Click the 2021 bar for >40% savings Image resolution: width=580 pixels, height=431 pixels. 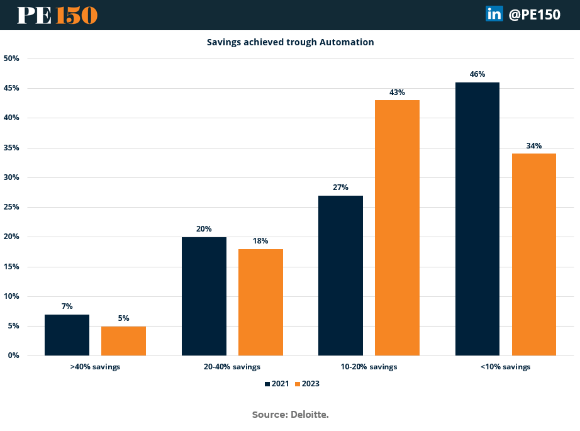67,335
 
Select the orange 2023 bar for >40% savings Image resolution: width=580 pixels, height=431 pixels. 123,341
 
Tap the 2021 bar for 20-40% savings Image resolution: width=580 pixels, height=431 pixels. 204,296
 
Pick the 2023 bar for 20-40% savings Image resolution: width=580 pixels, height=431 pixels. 260,302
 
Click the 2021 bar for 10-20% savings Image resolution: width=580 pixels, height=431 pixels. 340,275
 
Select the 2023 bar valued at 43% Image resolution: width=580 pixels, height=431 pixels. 397,228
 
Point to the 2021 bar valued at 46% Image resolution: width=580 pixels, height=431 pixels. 477,219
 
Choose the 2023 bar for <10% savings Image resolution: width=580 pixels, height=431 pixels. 533,254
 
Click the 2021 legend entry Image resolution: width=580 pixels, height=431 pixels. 277,384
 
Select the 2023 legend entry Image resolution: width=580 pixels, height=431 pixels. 308,384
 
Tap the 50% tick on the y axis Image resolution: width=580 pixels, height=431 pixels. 11,59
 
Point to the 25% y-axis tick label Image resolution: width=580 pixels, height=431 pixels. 11,207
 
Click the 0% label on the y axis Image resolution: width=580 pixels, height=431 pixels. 13,355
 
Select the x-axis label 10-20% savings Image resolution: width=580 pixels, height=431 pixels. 369,367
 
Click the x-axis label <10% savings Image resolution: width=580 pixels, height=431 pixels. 505,367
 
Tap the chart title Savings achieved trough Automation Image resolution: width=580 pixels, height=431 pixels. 290,42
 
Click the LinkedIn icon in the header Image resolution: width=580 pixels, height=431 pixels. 494,14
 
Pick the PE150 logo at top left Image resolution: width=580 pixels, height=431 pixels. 57,15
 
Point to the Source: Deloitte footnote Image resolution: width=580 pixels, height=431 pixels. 290,414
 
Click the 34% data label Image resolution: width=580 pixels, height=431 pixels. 533,146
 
